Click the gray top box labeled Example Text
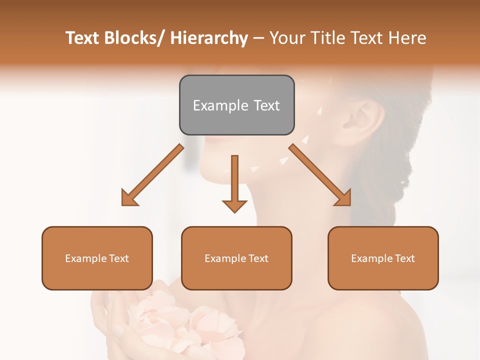236,105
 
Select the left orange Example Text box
97,258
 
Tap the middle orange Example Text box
236,258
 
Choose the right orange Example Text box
383,258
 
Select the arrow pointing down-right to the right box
320,175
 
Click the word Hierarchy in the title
209,38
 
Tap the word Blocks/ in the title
132,38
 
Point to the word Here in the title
408,38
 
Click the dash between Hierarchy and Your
258,38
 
